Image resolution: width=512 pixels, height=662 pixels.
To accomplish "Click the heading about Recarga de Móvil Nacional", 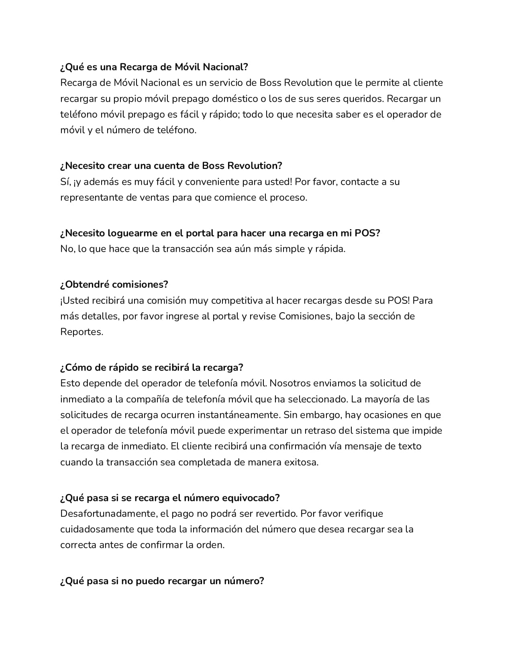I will tap(154, 67).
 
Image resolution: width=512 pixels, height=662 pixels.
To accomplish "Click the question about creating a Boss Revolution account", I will tap(171, 166).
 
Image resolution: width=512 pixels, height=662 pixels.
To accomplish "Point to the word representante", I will tap(89, 197).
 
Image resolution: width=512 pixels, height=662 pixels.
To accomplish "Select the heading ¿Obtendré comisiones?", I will tap(114, 284).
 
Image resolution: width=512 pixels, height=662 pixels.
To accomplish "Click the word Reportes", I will tap(82, 332).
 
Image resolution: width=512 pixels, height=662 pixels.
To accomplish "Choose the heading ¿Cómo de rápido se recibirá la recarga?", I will tap(152, 368).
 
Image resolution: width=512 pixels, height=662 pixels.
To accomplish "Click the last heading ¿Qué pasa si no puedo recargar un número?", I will tap(162, 581).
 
